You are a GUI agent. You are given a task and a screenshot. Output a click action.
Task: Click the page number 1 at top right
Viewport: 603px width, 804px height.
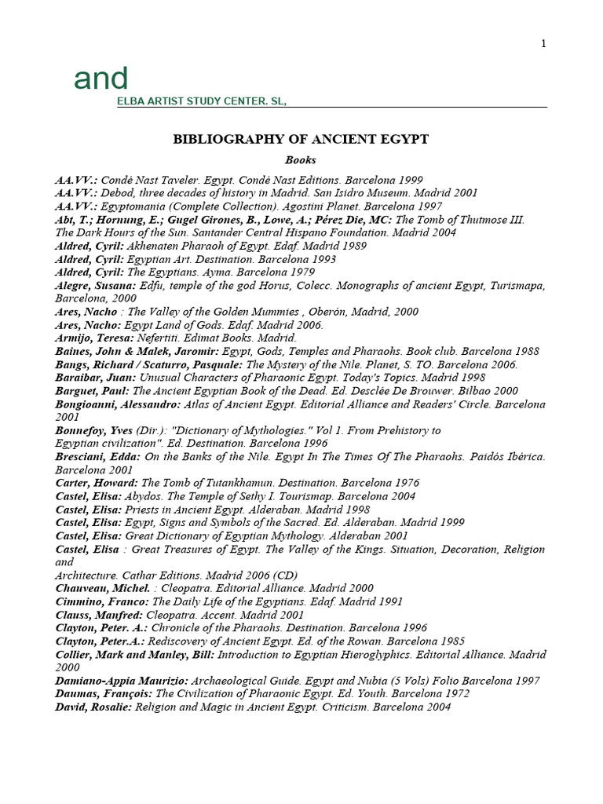point(543,44)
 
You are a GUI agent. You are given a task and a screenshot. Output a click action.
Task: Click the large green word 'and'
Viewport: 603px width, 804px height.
point(100,79)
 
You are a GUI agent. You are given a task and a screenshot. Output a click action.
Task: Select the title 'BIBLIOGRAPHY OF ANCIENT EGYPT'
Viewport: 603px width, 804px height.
point(301,139)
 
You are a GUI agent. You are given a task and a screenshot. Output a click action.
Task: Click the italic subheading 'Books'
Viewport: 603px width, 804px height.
point(301,160)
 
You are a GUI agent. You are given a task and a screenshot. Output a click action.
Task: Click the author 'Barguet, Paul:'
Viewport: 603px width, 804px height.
point(92,390)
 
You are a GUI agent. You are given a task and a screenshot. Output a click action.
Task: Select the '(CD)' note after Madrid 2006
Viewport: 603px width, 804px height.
point(282,575)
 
